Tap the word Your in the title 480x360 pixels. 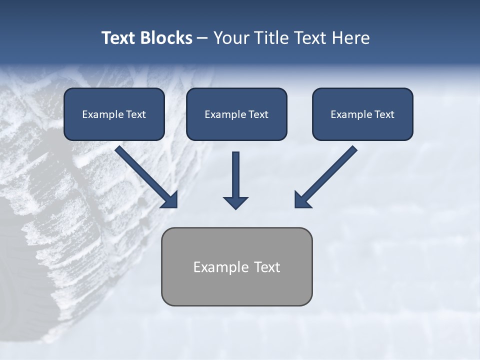point(230,38)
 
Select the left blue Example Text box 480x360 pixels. point(114,114)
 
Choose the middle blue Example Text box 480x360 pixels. point(236,114)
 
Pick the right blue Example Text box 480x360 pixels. point(362,114)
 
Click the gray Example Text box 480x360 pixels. point(236,266)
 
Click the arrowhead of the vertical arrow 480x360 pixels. point(235,202)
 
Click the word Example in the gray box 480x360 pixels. point(221,267)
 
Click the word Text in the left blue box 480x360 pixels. point(135,114)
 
